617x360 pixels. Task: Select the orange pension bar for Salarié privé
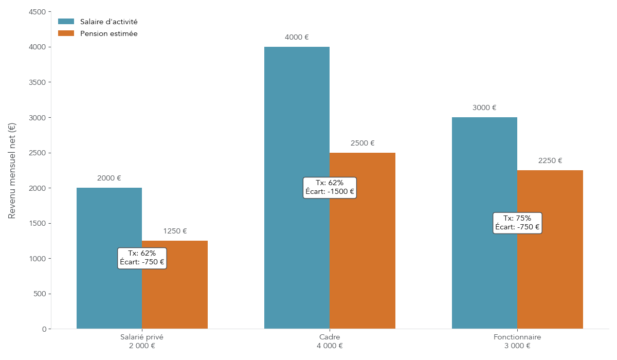[x=175, y=298]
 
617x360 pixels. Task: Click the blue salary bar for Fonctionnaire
[x=484, y=165]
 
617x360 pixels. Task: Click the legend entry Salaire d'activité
[x=108, y=22]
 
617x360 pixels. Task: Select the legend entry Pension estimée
[x=108, y=33]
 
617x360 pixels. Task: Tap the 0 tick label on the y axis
[x=44, y=329]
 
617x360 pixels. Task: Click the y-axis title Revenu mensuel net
[x=12, y=170]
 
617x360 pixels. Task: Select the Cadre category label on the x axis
[x=330, y=337]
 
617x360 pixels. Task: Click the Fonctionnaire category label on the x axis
[x=517, y=337]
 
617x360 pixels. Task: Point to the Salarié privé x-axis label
[x=142, y=337]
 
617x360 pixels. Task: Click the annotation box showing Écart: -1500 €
[x=330, y=188]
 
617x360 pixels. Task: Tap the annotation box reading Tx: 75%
[x=517, y=223]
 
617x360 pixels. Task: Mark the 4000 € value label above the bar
[x=297, y=38]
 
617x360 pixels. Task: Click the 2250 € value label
[x=550, y=161]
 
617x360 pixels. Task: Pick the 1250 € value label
[x=175, y=231]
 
